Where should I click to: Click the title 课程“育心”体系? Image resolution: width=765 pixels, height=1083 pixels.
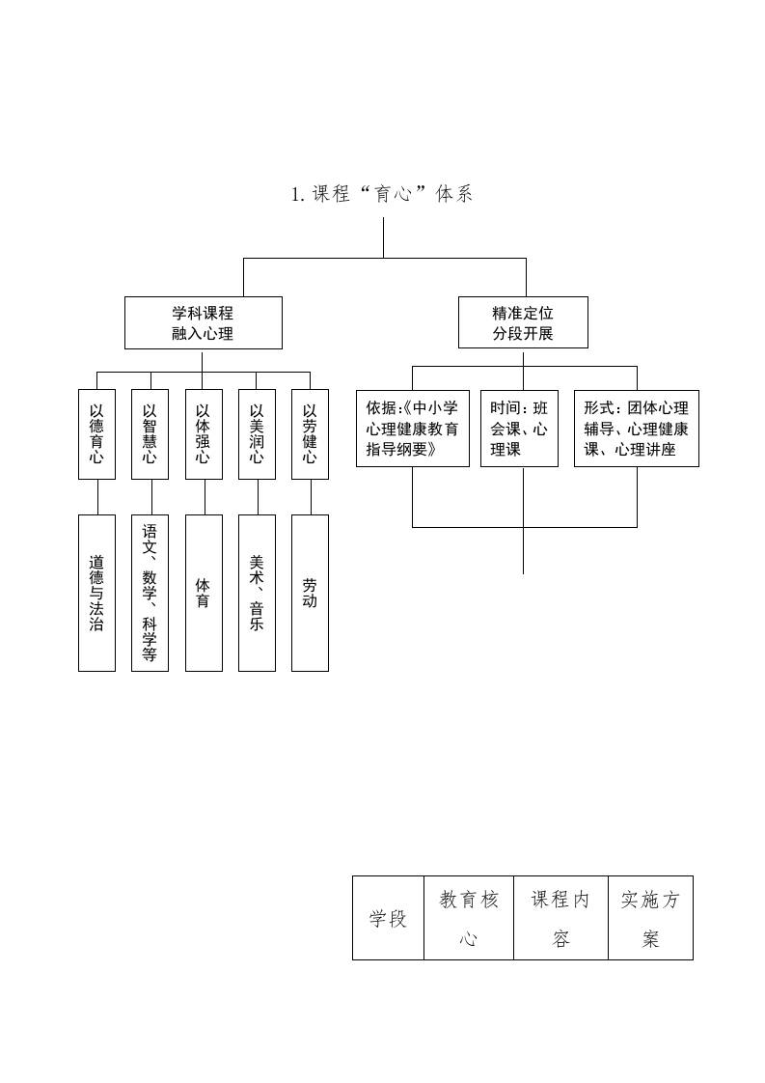pos(382,194)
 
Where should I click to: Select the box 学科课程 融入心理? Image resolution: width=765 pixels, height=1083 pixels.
pos(203,322)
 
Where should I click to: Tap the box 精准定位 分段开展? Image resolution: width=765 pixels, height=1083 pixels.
pos(523,322)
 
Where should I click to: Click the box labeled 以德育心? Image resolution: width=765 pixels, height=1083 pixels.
pos(96,433)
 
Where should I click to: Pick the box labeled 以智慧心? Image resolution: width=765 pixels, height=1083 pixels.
pos(150,433)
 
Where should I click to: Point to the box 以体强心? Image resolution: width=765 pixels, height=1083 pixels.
pos(203,433)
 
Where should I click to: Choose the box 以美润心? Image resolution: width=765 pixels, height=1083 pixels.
pos(257,433)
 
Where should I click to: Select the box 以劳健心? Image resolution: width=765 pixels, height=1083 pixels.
pos(310,433)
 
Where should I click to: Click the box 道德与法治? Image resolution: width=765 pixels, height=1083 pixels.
pos(96,593)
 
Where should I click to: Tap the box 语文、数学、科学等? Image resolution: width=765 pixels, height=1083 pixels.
pos(150,593)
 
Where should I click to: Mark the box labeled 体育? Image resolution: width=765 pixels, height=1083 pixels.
pos(203,593)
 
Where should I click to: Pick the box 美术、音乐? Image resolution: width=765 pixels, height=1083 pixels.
pos(257,593)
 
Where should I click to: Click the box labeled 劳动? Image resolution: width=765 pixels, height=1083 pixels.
pos(310,593)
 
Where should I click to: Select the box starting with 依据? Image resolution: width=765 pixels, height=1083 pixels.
pos(413,429)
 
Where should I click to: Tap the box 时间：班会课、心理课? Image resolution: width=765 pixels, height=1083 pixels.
pos(519,429)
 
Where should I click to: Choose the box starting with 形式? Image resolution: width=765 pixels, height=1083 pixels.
pos(636,429)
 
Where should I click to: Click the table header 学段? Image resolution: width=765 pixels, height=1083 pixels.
pos(388,918)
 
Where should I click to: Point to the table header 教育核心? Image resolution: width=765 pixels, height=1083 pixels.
pos(469,918)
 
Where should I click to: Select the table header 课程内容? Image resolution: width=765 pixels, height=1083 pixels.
pos(560,918)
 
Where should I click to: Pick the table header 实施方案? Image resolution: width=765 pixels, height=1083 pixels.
pos(650,918)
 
